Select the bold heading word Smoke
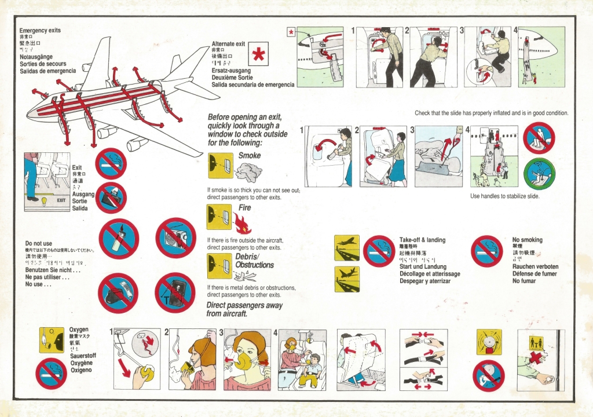click(250, 156)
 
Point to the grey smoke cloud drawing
click(250, 172)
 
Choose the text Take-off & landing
click(422, 240)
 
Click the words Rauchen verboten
click(535, 266)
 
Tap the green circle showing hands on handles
click(539, 174)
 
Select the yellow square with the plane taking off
click(347, 247)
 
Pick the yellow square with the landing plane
click(347, 279)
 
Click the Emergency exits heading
click(40, 30)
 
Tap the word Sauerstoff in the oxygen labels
click(83, 356)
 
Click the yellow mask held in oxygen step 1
click(147, 374)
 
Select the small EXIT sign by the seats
click(61, 201)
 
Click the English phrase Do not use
click(39, 243)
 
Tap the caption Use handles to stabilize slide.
click(504, 196)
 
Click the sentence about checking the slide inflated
click(492, 113)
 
